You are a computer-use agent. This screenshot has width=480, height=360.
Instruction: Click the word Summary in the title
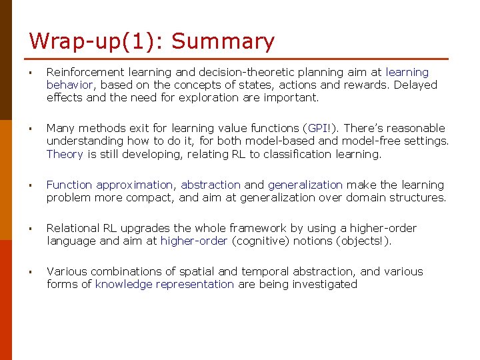pyautogui.click(x=223, y=41)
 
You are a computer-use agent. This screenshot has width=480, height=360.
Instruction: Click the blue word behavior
pyautogui.click(x=71, y=85)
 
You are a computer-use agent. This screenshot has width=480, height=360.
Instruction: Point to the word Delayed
pyautogui.click(x=415, y=85)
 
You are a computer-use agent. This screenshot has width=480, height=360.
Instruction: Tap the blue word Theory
pyautogui.click(x=65, y=154)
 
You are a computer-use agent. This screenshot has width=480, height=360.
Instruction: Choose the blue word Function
pyautogui.click(x=69, y=185)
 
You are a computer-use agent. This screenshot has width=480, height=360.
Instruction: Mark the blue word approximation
pyautogui.click(x=134, y=185)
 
